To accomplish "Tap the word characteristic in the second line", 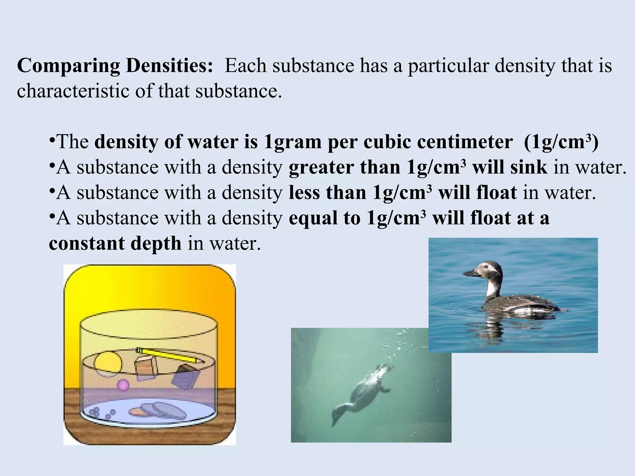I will [x=73, y=91].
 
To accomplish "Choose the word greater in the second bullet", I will [x=321, y=167].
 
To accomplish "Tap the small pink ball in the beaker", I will [x=123, y=385].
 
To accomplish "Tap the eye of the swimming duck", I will [x=485, y=266].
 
